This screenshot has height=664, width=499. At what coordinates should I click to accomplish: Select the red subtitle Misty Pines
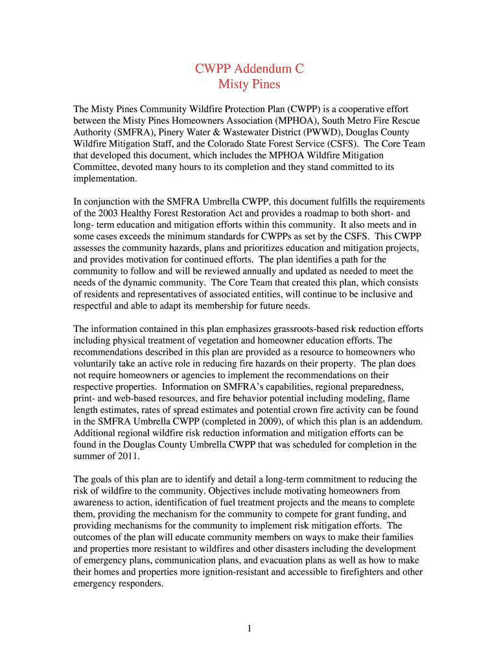tap(250, 84)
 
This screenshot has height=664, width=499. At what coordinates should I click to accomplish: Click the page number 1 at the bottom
tap(250, 628)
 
